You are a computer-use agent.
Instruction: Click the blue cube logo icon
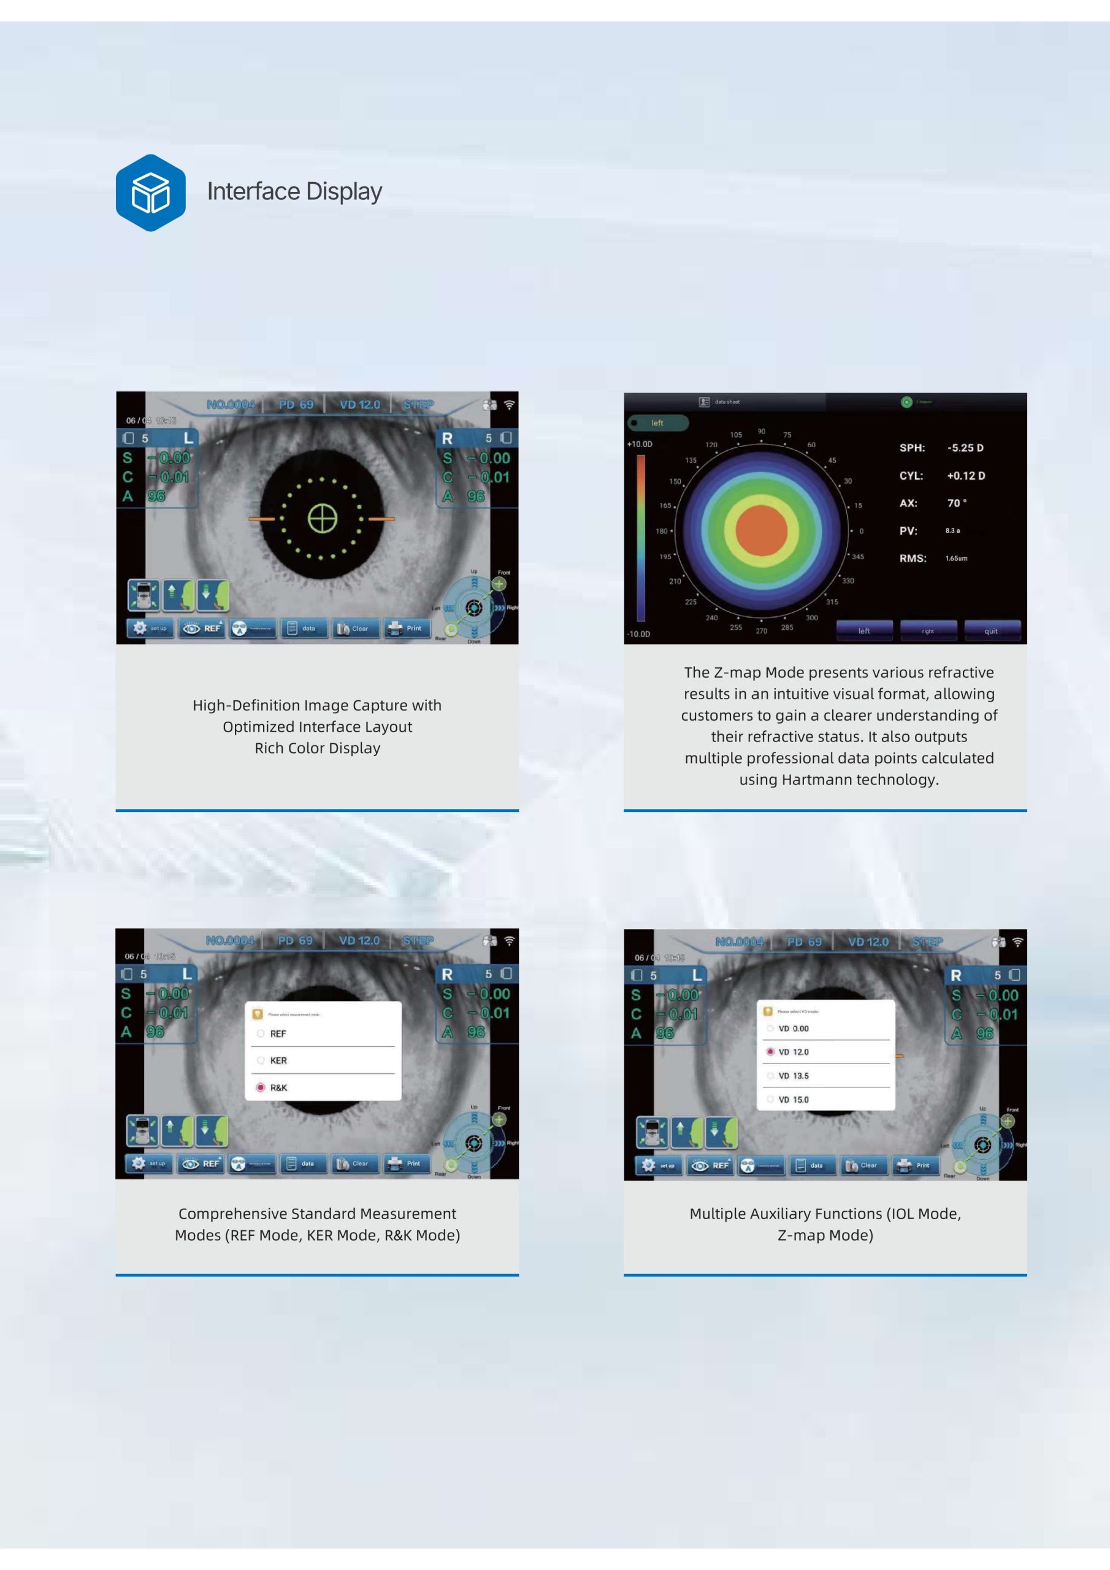click(150, 192)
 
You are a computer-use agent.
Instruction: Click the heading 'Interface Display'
click(294, 191)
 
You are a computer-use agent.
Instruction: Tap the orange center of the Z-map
click(761, 530)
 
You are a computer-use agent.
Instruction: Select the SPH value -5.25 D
click(965, 448)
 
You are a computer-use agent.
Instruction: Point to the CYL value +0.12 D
click(966, 475)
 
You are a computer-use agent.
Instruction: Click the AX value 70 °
click(956, 504)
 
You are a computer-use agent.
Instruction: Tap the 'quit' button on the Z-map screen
click(991, 630)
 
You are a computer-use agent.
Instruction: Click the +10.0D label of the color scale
click(640, 444)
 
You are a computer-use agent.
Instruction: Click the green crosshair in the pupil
click(322, 518)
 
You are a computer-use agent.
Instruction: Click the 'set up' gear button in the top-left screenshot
click(148, 628)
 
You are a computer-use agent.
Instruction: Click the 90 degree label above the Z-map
click(761, 432)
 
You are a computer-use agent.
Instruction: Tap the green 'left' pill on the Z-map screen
click(657, 423)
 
